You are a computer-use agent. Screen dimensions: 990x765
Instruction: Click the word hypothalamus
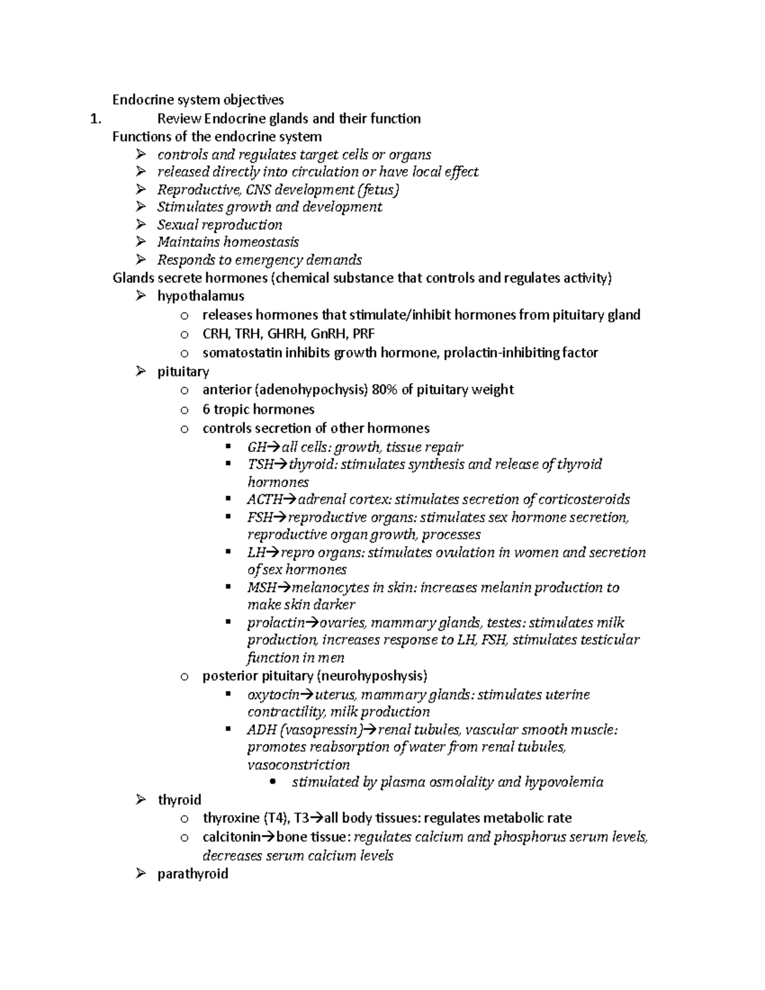coord(201,296)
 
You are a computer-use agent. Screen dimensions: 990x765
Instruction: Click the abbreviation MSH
coord(262,587)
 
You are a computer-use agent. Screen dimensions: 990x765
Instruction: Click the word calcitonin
coord(231,837)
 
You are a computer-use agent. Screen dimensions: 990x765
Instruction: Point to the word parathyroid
coord(193,874)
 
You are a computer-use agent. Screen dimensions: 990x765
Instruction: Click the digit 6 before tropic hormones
coord(206,409)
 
